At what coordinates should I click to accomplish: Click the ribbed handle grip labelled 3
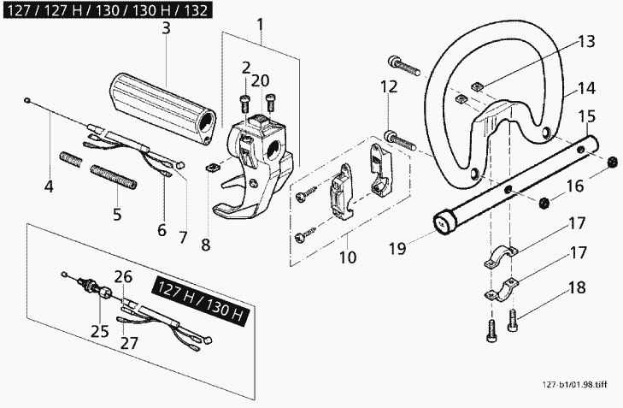tap(162, 105)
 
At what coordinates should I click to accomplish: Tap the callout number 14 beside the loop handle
tap(586, 88)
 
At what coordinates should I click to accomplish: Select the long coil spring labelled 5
tap(114, 177)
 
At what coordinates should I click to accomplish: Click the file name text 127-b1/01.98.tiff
tap(574, 385)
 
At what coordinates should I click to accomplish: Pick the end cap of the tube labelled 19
tap(444, 223)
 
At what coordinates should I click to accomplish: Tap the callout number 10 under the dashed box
tap(348, 257)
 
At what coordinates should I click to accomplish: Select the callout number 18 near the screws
tap(577, 287)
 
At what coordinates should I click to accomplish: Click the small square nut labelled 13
tap(477, 86)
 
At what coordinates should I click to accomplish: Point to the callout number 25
tap(99, 331)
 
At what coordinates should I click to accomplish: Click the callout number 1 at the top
tap(261, 25)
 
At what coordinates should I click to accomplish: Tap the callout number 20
tap(261, 80)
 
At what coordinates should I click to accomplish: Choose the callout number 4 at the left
tap(49, 186)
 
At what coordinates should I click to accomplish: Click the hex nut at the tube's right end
tap(613, 163)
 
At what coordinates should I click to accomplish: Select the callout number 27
tap(129, 342)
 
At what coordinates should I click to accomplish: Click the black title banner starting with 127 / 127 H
tap(108, 10)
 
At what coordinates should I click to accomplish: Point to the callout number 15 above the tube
tap(587, 116)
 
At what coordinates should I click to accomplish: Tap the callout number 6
tap(162, 230)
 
